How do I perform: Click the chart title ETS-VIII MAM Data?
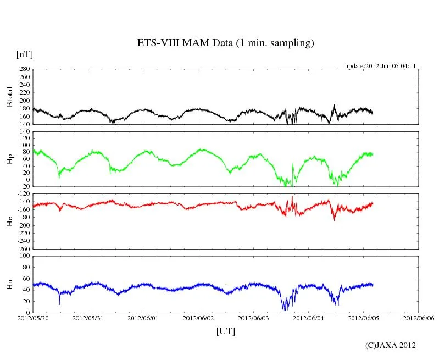point(225,43)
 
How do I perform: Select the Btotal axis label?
point(9,96)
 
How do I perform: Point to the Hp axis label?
point(9,159)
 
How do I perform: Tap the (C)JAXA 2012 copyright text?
point(391,345)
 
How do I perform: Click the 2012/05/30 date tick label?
point(33,318)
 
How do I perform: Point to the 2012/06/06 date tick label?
point(419,318)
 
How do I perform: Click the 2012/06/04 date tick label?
point(309,318)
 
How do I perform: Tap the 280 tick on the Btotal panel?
point(24,69)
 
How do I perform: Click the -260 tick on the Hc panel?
point(23,248)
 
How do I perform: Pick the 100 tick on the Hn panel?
point(24,256)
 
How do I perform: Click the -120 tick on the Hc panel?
point(23,194)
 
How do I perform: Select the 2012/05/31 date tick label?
point(88,318)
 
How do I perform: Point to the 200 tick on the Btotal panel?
point(24,101)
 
